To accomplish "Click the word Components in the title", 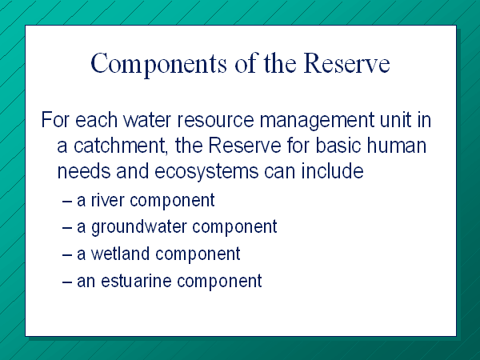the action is point(158,64).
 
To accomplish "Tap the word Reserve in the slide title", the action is point(346,63).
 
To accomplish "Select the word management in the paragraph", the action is point(317,121).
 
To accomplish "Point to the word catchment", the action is point(120,146).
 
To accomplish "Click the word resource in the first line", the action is point(215,120).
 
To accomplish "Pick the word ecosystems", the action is point(206,172).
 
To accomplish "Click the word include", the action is point(333,171).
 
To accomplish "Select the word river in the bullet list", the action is point(107,200).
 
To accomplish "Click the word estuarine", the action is point(136,281).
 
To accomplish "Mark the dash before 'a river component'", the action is point(67,202).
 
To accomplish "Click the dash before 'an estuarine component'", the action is point(67,282).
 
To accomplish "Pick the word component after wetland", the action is point(198,254).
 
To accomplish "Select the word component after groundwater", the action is point(234,228).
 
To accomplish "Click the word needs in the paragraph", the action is point(84,171).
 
